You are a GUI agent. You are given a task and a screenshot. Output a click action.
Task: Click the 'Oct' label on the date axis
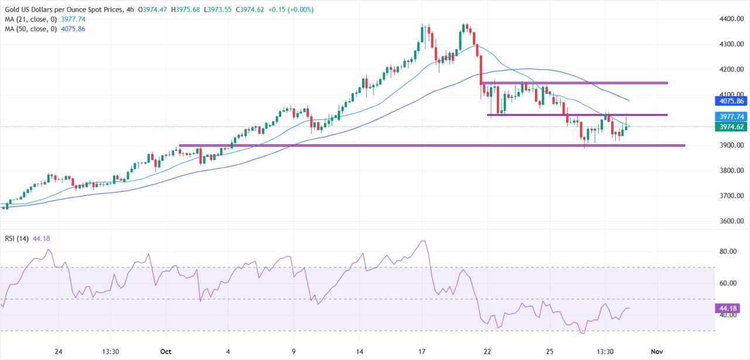(165, 351)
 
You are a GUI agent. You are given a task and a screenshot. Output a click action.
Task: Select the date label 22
(487, 351)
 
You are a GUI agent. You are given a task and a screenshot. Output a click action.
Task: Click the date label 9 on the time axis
(294, 351)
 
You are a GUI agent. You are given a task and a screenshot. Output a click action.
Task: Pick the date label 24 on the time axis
(58, 351)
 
